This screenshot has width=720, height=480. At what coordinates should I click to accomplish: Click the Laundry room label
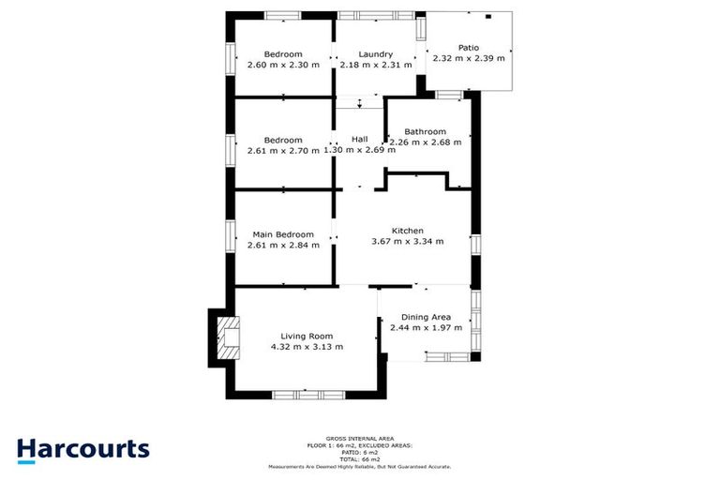[375, 54]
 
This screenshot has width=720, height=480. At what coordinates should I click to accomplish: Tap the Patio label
[468, 48]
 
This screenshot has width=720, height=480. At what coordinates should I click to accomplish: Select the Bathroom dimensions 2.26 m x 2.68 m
[425, 142]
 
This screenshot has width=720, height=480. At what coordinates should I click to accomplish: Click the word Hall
[359, 140]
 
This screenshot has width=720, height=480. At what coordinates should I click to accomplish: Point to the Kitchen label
[408, 231]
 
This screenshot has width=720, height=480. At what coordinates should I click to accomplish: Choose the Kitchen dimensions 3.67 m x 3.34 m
[408, 241]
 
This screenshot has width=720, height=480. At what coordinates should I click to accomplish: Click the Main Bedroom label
[283, 234]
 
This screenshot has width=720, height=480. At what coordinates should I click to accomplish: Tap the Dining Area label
[427, 317]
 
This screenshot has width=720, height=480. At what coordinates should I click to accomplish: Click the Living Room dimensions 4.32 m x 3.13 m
[307, 347]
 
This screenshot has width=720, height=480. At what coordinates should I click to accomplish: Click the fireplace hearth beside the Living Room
[228, 339]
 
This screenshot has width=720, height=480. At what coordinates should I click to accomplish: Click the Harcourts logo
[83, 448]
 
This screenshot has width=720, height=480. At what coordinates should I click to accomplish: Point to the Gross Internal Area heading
[360, 438]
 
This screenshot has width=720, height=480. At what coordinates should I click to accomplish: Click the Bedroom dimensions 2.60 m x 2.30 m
[283, 65]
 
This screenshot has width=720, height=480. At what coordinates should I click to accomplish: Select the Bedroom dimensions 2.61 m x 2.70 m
[283, 151]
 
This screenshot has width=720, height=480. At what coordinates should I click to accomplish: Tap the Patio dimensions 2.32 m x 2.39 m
[468, 58]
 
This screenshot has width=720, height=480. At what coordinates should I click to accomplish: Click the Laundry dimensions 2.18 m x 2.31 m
[375, 65]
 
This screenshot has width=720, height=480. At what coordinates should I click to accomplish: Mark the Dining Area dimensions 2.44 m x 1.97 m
[427, 328]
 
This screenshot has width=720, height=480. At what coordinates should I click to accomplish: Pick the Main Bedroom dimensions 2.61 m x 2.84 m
[283, 245]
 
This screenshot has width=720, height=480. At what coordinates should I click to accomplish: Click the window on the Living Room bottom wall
[303, 392]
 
